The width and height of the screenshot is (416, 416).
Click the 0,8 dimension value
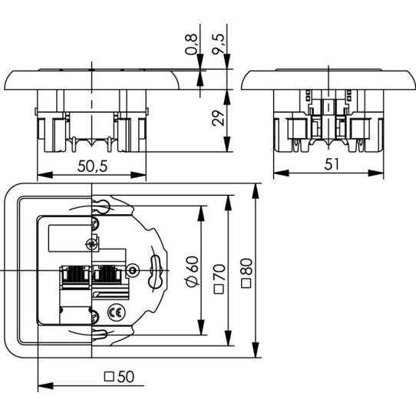[192, 45]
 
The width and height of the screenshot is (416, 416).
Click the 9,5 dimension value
[219, 44]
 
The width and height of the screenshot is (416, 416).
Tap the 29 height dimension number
[219, 117]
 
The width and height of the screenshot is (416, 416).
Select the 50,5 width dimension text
[92, 167]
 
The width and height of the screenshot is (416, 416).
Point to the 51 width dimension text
[332, 164]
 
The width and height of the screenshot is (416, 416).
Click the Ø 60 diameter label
[193, 272]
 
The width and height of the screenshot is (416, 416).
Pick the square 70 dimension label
[220, 279]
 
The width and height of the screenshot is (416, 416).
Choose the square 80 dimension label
[246, 273]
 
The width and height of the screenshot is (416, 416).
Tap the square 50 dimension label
[120, 376]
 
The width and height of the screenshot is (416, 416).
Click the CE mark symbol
[115, 313]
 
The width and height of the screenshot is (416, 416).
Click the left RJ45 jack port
[75, 275]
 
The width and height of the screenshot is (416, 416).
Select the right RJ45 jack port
[107, 274]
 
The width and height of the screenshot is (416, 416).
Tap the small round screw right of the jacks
[131, 271]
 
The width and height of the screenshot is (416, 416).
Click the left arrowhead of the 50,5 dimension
[45, 175]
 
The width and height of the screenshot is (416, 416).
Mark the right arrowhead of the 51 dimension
[376, 173]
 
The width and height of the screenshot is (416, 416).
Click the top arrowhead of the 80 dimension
[256, 191]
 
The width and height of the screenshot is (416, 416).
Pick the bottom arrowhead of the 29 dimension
[226, 144]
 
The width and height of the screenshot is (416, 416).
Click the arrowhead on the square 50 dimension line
[45, 386]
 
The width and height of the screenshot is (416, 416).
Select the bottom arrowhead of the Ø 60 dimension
[201, 328]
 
